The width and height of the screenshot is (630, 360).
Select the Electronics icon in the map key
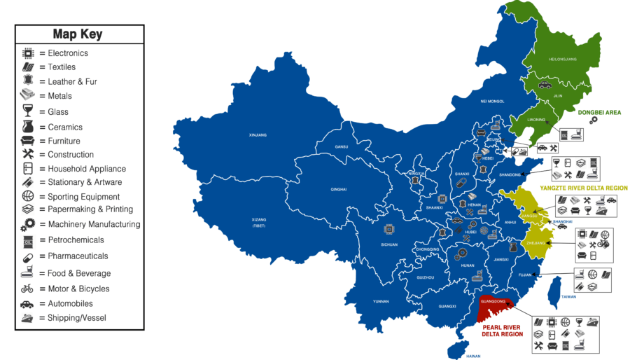pyautogui.click(x=28, y=53)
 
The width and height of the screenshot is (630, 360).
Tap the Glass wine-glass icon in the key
pyautogui.click(x=28, y=111)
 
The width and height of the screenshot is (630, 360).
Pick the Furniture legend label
pyautogui.click(x=64, y=141)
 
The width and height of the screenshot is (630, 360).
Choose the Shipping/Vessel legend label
pyautogui.click(x=77, y=318)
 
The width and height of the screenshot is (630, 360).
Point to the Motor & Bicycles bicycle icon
pyautogui.click(x=27, y=289)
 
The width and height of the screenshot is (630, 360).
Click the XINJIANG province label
pyautogui.click(x=258, y=134)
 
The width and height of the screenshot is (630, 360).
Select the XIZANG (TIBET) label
pyautogui.click(x=259, y=223)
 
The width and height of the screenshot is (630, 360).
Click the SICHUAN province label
pyautogui.click(x=389, y=244)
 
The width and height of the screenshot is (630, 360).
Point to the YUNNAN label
pyautogui.click(x=380, y=301)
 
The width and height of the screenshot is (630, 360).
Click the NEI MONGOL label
pyautogui.click(x=492, y=101)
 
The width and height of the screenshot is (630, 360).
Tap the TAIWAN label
pyautogui.click(x=568, y=297)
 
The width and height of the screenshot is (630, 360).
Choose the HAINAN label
pyautogui.click(x=474, y=356)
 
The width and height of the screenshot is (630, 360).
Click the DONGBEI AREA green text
pyautogui.click(x=599, y=112)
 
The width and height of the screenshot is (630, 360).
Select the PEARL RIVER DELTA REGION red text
pyautogui.click(x=502, y=330)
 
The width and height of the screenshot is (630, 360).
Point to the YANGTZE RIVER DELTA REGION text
pyautogui.click(x=583, y=188)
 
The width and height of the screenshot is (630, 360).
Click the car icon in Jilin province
pyautogui.click(x=545, y=85)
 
